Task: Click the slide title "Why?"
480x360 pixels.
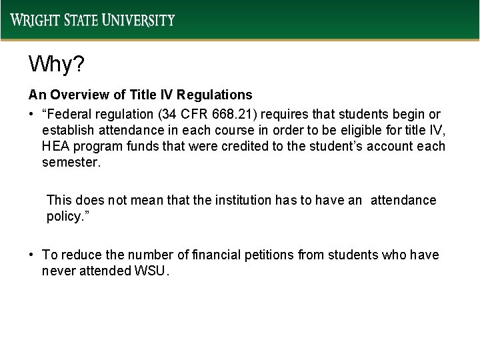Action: (56, 65)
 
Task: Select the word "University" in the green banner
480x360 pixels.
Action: (139, 20)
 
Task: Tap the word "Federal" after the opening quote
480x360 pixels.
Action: (76, 113)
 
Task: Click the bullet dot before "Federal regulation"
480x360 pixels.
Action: (32, 113)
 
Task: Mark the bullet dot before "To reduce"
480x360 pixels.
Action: (32, 255)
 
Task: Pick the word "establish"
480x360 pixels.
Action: (65, 130)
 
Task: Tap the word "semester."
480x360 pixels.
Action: (71, 163)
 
